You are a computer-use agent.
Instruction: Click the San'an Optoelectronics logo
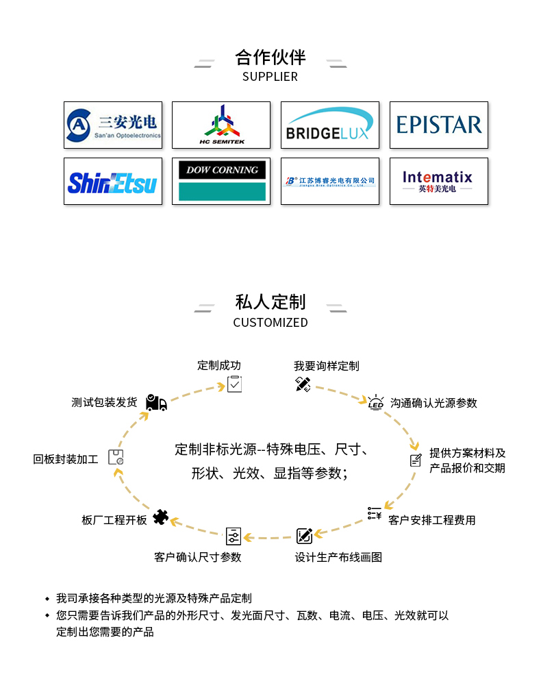point(113,125)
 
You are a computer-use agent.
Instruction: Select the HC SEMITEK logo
point(221,125)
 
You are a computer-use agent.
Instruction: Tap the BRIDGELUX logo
point(330,125)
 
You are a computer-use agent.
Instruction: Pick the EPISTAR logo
point(439,125)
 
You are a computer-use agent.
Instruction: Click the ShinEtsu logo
point(113,182)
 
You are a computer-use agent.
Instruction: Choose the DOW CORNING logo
point(221,182)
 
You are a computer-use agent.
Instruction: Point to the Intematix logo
point(439,181)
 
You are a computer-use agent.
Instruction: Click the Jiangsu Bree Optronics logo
point(330,182)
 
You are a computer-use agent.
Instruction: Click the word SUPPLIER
point(270,77)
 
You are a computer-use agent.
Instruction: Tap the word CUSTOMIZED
point(270,322)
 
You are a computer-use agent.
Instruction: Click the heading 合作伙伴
point(270,56)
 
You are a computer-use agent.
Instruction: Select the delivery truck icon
point(156,403)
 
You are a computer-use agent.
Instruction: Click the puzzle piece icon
point(161,517)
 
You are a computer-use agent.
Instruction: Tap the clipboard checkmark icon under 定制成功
point(234,384)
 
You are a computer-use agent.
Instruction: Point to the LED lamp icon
point(376,402)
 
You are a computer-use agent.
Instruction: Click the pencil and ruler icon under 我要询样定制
point(303,384)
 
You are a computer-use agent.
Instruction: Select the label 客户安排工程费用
point(431,520)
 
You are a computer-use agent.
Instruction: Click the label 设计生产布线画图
point(338,557)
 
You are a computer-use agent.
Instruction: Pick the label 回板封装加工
point(66,459)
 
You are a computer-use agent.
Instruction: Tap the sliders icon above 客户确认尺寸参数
point(234,536)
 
